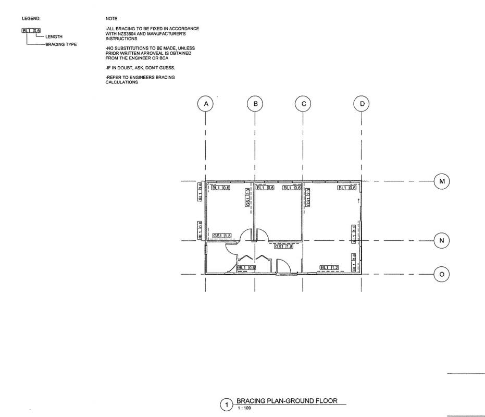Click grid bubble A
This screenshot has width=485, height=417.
click(206, 104)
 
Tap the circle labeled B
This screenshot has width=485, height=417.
click(255, 104)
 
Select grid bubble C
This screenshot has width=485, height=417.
click(303, 104)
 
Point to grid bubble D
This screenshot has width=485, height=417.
click(362, 104)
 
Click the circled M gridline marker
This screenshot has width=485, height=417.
click(442, 181)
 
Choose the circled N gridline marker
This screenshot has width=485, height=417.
click(442, 241)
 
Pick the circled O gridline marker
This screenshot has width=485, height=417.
click(442, 274)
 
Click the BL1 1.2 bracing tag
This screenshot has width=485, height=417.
click(329, 268)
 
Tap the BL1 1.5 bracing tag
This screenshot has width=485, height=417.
click(354, 234)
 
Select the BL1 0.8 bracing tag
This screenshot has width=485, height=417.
click(200, 230)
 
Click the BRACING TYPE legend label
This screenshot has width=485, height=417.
click(61, 44)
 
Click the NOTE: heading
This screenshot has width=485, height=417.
click(112, 18)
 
